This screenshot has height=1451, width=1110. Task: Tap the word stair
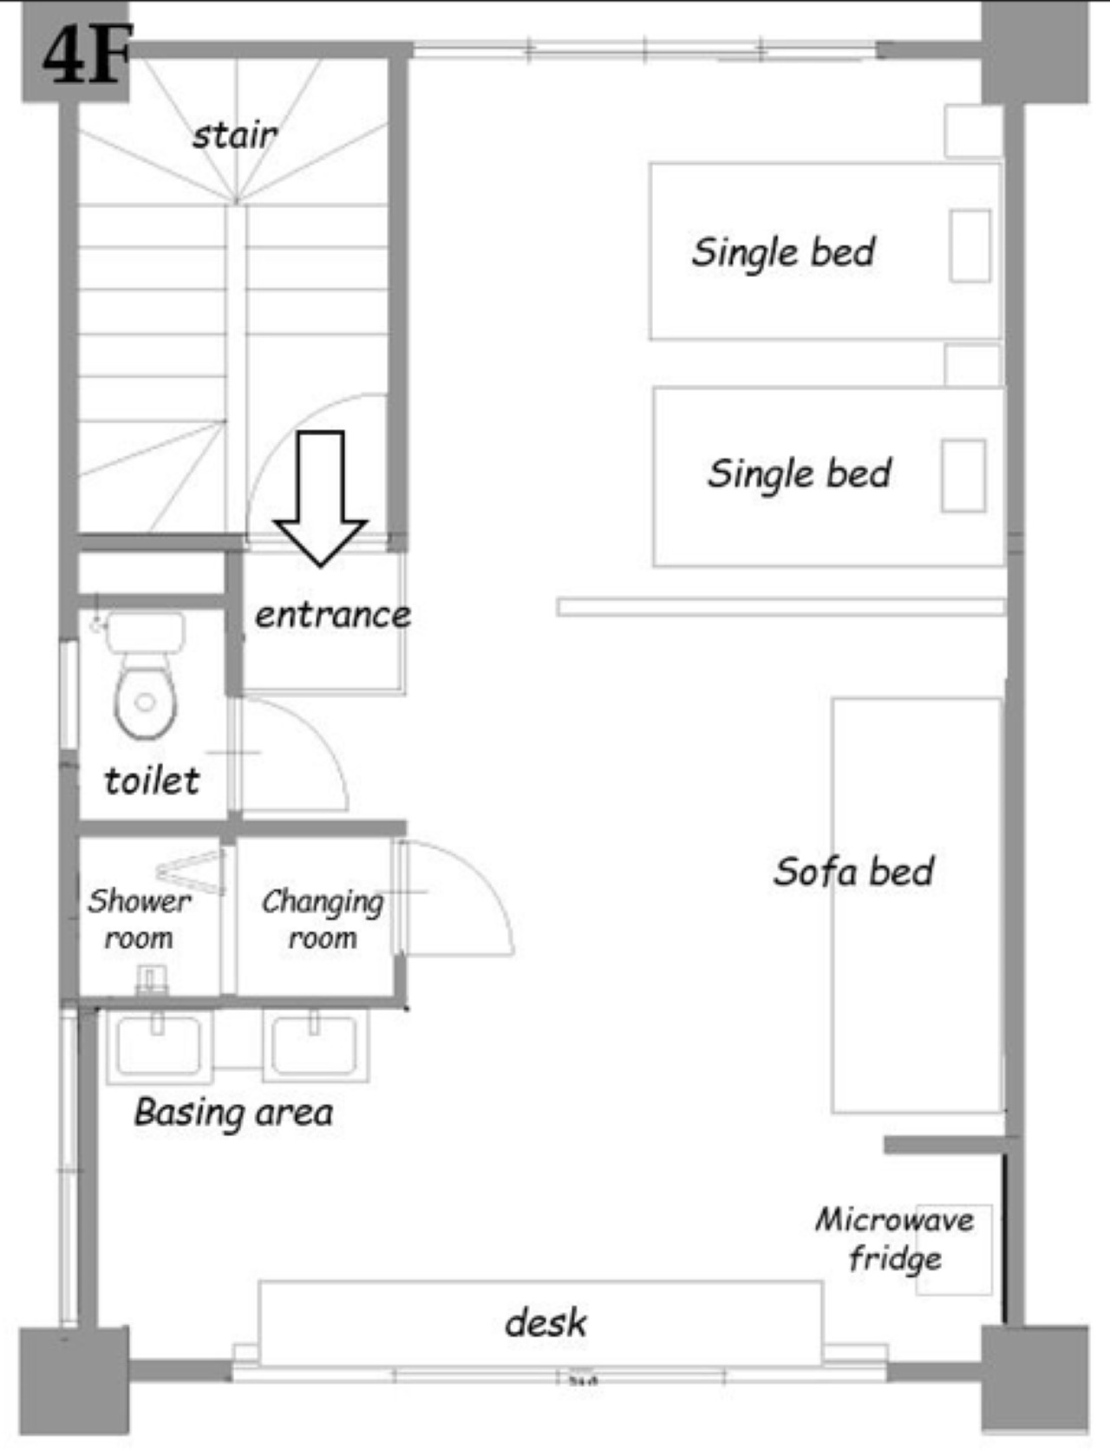(x=234, y=135)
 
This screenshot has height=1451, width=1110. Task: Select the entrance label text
(x=333, y=615)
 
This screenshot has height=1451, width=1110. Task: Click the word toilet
(x=152, y=781)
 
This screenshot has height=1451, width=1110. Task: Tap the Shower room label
(x=140, y=918)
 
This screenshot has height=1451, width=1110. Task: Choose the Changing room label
(x=323, y=919)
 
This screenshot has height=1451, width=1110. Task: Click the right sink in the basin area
(x=316, y=1045)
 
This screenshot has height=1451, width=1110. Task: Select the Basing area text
(x=233, y=1114)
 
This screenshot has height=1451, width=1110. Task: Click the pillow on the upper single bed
(x=970, y=246)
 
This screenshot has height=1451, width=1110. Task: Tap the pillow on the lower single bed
(x=963, y=475)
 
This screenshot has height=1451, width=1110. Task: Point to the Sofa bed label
(x=853, y=872)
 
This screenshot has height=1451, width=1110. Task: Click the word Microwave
(x=894, y=1219)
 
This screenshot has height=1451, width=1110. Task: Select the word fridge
(x=895, y=1259)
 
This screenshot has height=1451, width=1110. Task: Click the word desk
(x=545, y=1323)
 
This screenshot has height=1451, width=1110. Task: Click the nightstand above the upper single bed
(x=973, y=131)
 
